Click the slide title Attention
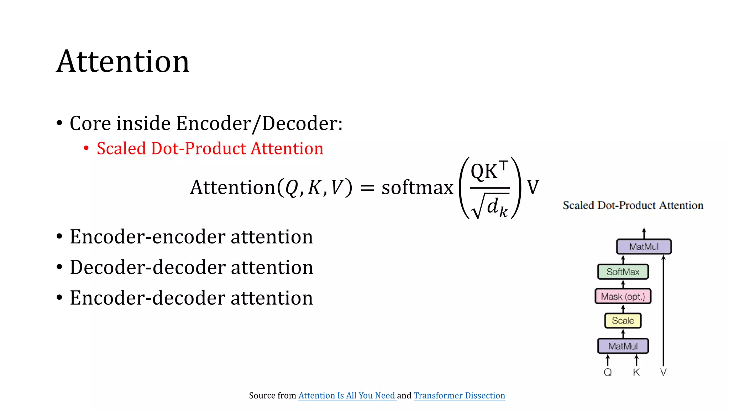[x=123, y=62]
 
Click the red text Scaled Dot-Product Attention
[x=210, y=148]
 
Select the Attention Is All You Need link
[x=347, y=395]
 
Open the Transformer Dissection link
[x=459, y=395]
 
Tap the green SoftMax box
[x=623, y=272]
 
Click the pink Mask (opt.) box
[x=623, y=296]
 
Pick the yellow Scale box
[x=623, y=321]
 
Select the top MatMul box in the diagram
[x=644, y=247]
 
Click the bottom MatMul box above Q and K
[x=623, y=346]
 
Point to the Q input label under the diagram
[x=608, y=372]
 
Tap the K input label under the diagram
[x=636, y=372]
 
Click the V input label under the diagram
[x=664, y=372]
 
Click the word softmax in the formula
[x=417, y=188]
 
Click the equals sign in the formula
[x=367, y=188]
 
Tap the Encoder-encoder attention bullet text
[x=192, y=237]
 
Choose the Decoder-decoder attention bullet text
[x=192, y=267]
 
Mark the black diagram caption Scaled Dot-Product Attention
[x=633, y=205]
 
